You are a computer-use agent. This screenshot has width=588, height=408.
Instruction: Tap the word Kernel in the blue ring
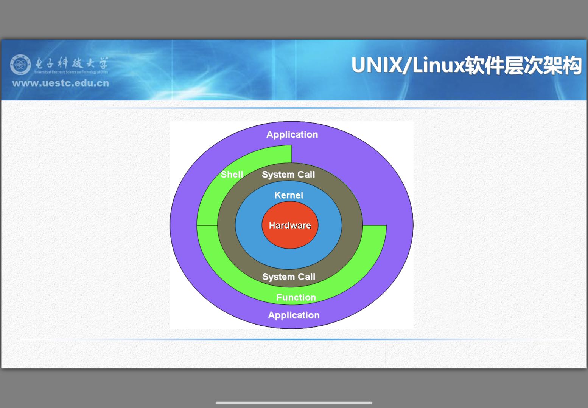tap(289, 195)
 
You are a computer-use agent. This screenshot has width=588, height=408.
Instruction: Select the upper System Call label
tap(288, 175)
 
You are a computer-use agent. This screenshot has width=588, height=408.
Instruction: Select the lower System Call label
tap(289, 277)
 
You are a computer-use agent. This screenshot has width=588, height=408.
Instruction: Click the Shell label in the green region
tap(232, 175)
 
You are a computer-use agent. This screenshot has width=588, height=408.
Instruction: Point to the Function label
tap(296, 298)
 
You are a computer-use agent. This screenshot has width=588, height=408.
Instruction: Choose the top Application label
tap(292, 135)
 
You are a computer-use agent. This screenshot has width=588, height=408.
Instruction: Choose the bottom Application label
tap(294, 315)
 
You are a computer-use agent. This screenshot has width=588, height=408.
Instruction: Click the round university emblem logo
tap(20, 65)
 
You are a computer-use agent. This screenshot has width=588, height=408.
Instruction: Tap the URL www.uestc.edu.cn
tap(61, 83)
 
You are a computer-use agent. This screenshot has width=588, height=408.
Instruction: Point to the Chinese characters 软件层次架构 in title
tap(523, 65)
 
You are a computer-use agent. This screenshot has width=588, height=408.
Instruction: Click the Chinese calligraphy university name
tap(72, 63)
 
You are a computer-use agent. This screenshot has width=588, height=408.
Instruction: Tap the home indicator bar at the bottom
tap(294, 403)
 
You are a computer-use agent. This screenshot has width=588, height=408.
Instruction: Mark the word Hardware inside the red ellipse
tap(290, 226)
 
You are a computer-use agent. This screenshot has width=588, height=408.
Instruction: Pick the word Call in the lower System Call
tap(306, 277)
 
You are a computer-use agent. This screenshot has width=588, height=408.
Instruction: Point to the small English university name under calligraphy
tap(71, 72)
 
